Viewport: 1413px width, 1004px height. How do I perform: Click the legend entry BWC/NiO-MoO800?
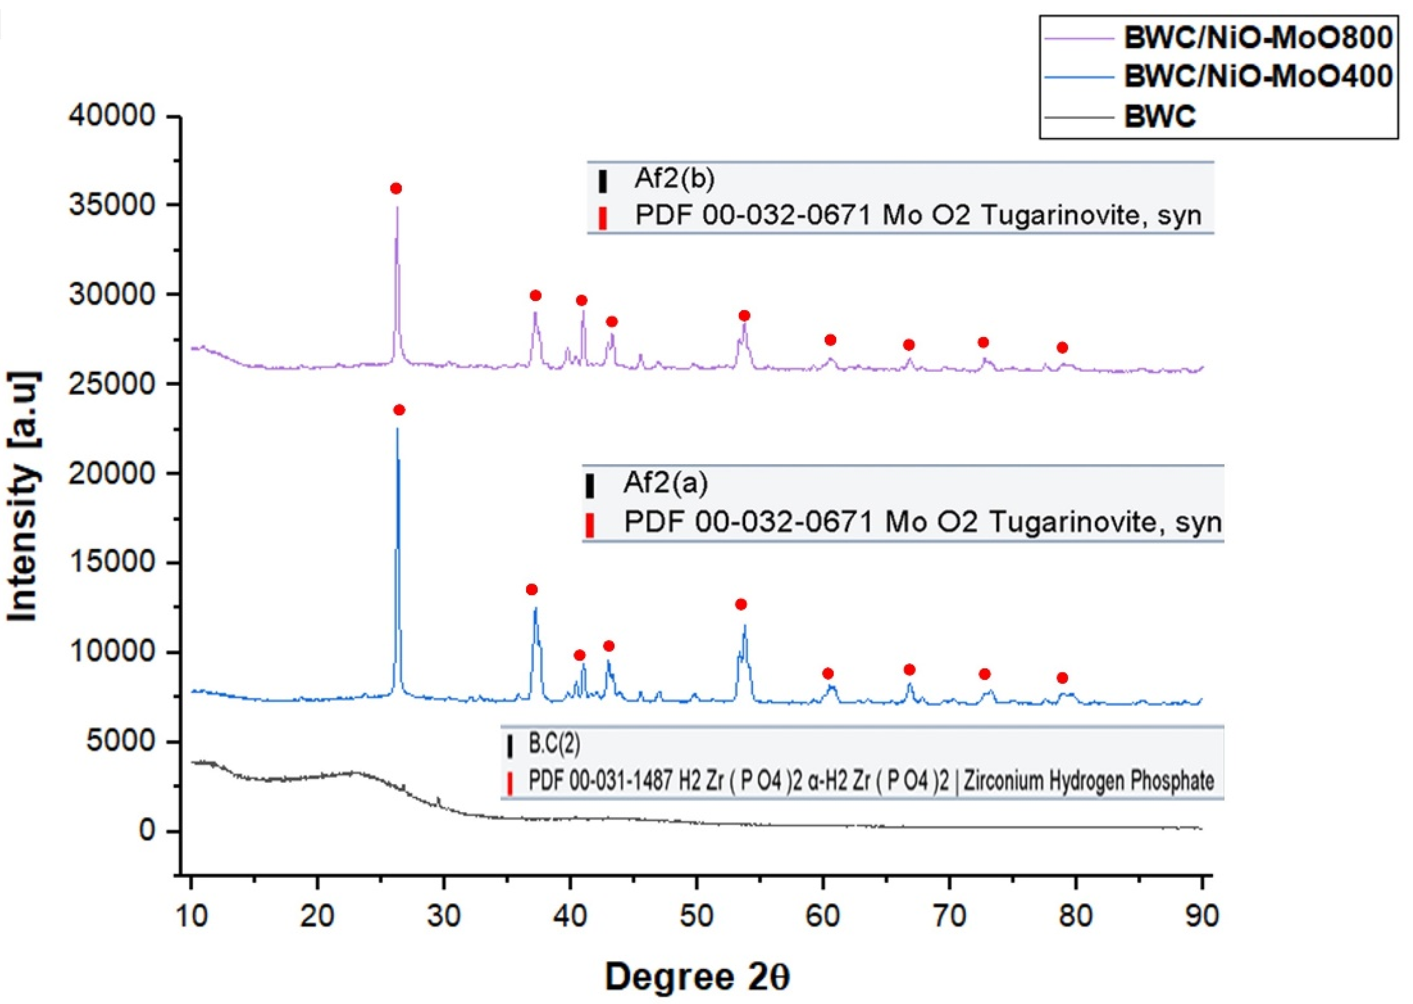coord(1257,38)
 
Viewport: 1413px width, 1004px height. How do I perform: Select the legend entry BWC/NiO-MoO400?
coord(1257,77)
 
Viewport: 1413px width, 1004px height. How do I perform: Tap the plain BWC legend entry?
coord(1160,116)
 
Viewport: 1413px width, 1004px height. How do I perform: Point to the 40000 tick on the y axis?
coord(112,116)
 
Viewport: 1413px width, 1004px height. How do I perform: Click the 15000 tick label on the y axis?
coord(112,562)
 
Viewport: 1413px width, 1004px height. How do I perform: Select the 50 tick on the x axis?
coord(696,916)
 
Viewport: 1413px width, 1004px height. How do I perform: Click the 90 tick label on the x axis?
coord(1202,916)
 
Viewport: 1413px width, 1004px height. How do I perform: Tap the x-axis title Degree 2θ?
coord(696,978)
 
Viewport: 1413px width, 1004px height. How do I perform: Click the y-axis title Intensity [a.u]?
coord(24,497)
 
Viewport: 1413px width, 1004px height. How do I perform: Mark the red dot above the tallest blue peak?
coord(399,410)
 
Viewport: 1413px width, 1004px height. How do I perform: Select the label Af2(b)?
coord(674,179)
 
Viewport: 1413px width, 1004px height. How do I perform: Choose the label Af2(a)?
coord(665,483)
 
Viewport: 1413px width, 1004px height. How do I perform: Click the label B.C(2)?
coord(554,744)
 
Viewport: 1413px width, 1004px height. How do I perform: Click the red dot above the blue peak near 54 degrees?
coord(741,604)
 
